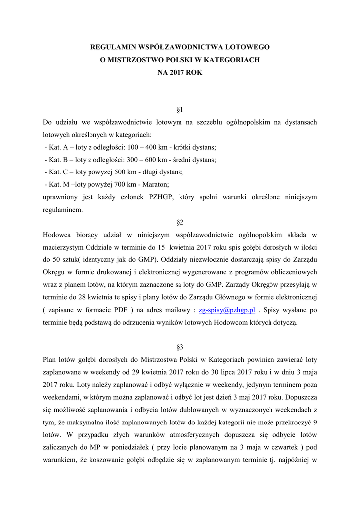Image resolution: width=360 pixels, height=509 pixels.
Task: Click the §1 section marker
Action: coord(180,109)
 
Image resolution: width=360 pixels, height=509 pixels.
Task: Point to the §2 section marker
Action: coord(180,222)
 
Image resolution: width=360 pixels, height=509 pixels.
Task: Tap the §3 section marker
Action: coord(180,346)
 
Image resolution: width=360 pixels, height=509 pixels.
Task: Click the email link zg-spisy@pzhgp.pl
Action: coord(227,310)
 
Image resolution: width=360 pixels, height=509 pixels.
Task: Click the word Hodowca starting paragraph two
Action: coord(58,235)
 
